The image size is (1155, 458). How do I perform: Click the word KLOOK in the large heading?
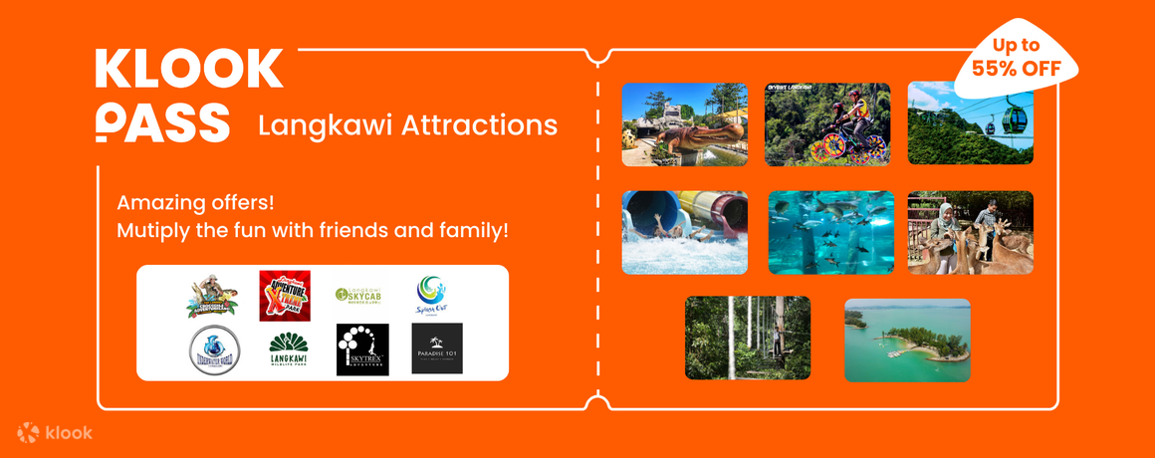[189, 70]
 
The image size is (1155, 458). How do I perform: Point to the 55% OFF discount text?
[1015, 69]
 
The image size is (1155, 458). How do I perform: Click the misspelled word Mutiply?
[153, 230]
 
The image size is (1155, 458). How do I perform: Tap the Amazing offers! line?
[195, 202]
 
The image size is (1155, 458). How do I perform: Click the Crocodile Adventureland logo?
[212, 296]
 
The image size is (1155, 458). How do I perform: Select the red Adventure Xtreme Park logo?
[285, 296]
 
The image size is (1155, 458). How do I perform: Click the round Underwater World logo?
[214, 349]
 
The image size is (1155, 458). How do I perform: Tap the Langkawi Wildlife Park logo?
[288, 349]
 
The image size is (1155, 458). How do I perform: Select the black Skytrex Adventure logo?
[362, 349]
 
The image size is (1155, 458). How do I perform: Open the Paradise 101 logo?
[437, 349]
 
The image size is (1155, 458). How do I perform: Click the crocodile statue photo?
[685, 123]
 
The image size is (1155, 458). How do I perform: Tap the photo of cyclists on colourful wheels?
[827, 123]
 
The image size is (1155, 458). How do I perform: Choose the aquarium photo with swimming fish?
[830, 232]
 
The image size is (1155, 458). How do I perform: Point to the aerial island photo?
[907, 340]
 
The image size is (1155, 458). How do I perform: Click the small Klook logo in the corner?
[55, 432]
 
